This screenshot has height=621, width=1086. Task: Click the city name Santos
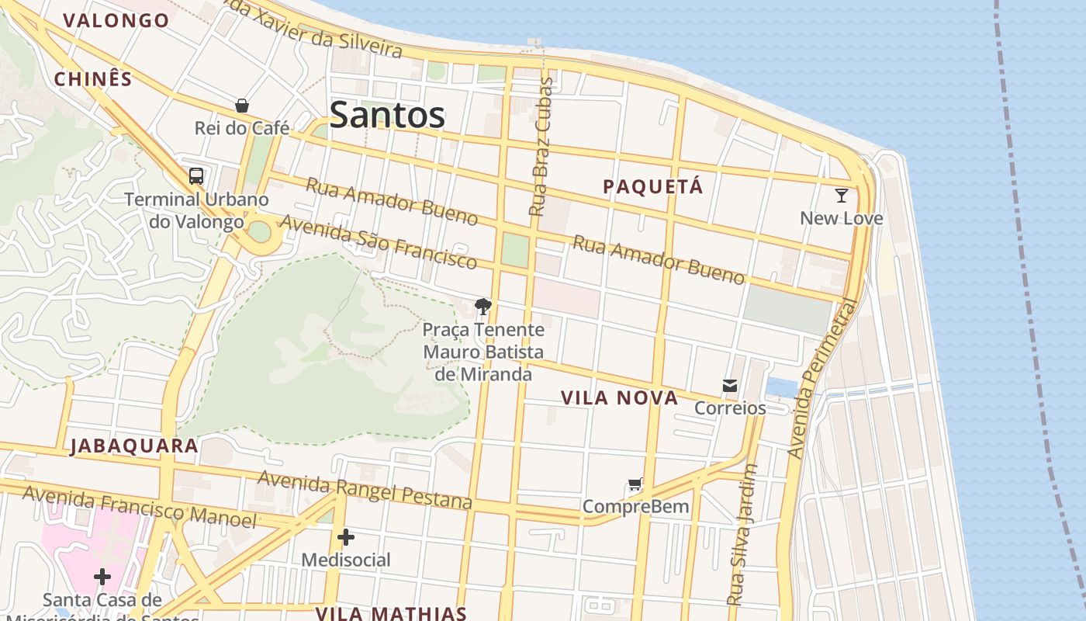[387, 116]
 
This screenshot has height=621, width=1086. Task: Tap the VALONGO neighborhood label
[116, 21]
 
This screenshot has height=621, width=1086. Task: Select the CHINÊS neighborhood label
[93, 79]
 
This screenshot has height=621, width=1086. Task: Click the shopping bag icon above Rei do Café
[242, 106]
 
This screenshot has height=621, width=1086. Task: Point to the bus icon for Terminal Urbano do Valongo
[196, 176]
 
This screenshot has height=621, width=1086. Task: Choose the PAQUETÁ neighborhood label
[653, 187]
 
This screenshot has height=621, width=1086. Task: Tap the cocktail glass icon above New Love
[842, 195]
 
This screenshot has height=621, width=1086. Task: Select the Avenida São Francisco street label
[378, 241]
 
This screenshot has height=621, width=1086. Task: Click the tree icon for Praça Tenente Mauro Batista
[483, 307]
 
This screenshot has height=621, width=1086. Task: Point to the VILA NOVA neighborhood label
[619, 398]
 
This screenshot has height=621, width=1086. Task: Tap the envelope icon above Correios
[730, 385]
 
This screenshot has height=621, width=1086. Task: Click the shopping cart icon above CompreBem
[635, 485]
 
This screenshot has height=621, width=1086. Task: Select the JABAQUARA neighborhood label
[134, 446]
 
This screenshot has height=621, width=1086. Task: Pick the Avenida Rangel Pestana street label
[365, 489]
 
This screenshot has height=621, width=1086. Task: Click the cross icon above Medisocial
[346, 536]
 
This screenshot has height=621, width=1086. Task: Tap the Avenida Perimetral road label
[823, 379]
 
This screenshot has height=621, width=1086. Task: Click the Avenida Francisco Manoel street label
[139, 506]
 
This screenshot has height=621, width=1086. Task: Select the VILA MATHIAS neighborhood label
[391, 612]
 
